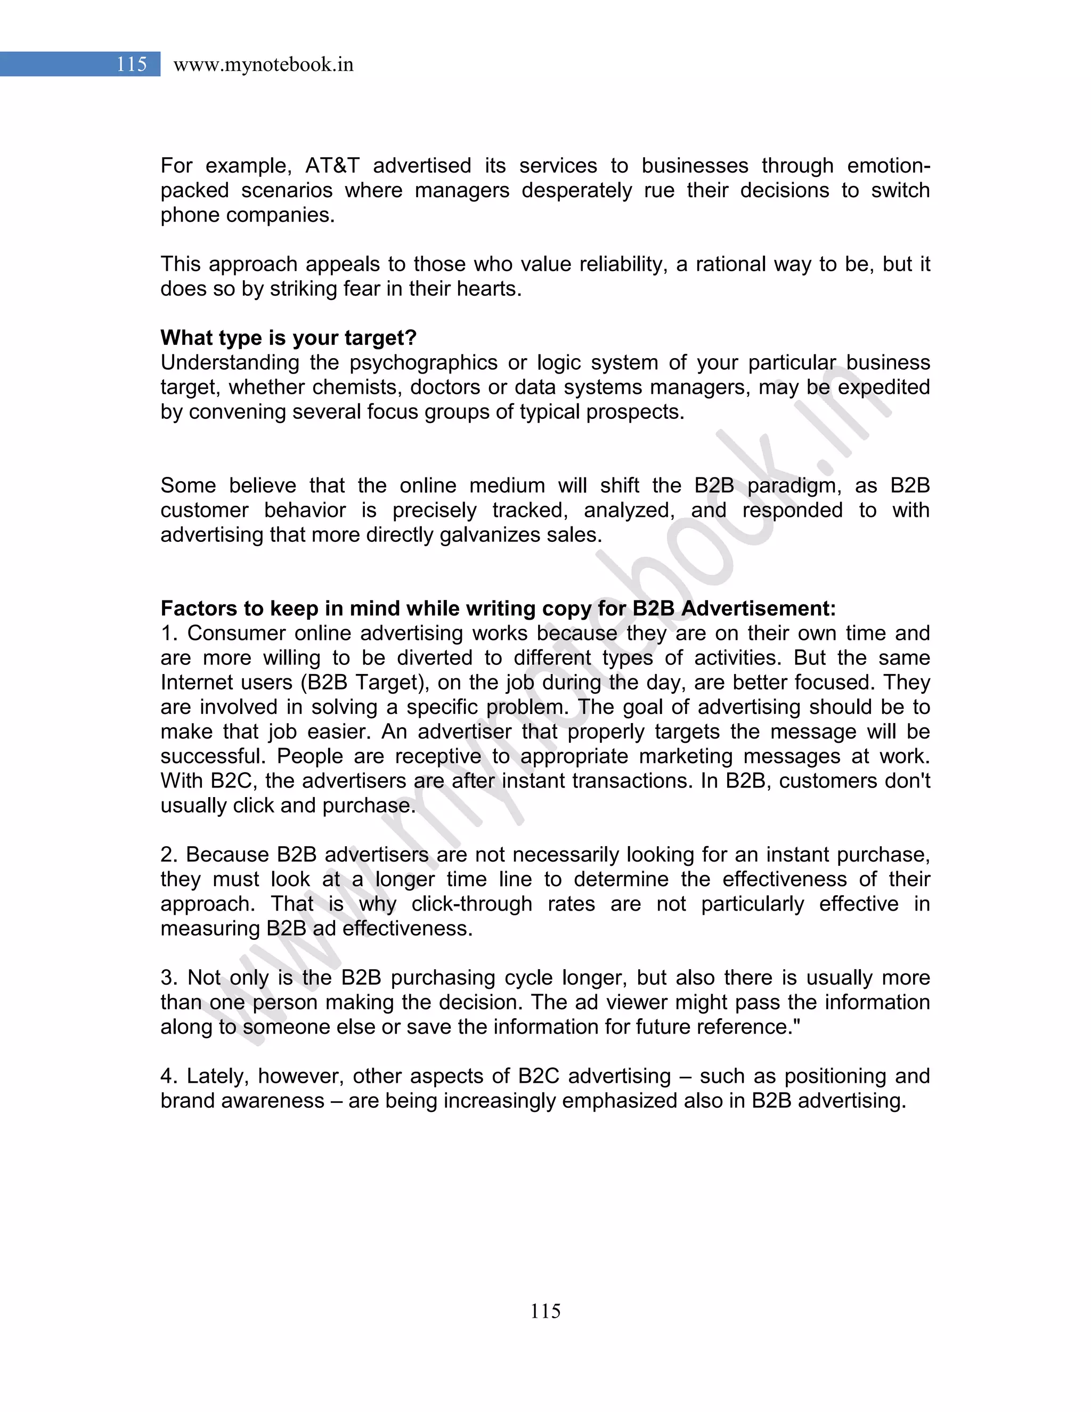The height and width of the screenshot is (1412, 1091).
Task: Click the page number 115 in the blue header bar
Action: tap(132, 64)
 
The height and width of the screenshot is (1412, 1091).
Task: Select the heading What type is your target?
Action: tap(288, 337)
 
